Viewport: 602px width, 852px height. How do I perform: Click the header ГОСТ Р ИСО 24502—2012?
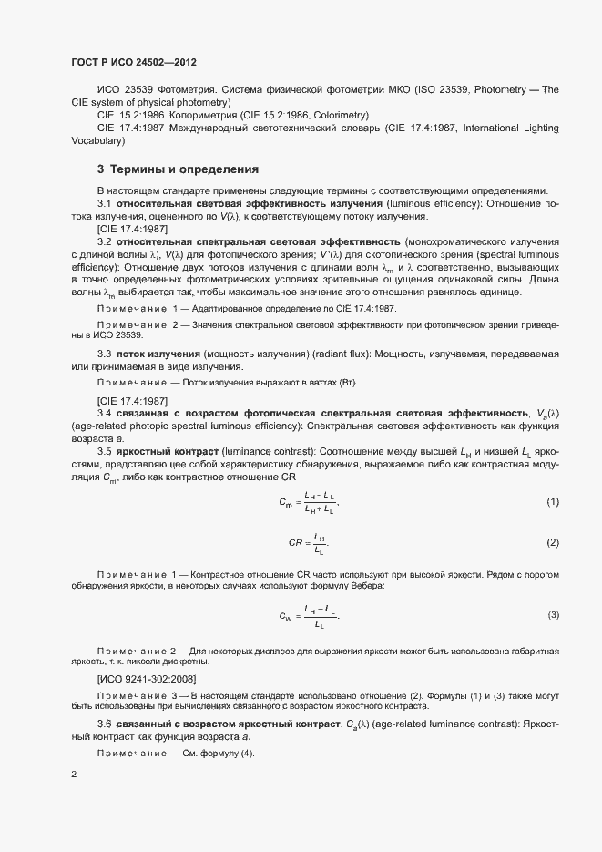(134, 62)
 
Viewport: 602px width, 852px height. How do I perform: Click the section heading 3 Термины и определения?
(165, 169)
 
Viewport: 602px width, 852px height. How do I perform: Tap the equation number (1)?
(552, 503)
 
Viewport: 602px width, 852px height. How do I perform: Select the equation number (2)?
(552, 542)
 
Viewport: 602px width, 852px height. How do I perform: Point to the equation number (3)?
(553, 616)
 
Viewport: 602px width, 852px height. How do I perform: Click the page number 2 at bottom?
(74, 775)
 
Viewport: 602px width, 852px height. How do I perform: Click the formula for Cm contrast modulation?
(309, 503)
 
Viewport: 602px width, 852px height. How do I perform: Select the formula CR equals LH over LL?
(308, 543)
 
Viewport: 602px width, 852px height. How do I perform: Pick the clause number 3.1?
(105, 202)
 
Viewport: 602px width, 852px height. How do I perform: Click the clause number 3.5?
(105, 451)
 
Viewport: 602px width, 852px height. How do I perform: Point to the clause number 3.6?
(105, 724)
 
